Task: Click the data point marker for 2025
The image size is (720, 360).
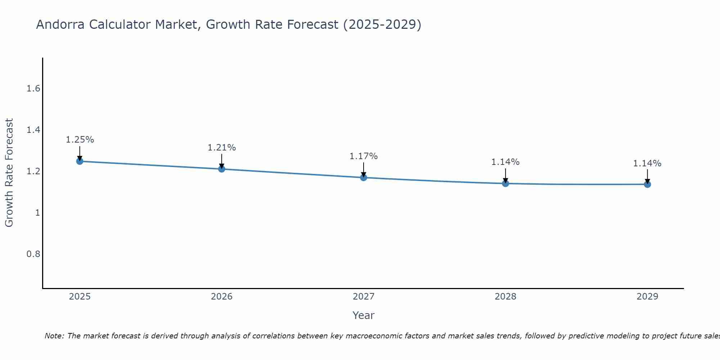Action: (80, 161)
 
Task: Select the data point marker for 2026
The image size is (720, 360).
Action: (221, 169)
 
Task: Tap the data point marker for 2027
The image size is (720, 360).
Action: (363, 177)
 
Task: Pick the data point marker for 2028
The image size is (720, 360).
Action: (505, 184)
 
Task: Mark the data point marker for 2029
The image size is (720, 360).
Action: (647, 184)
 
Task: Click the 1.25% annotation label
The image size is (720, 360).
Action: (80, 140)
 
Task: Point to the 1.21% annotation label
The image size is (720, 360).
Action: (221, 148)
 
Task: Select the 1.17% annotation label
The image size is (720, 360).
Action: (363, 156)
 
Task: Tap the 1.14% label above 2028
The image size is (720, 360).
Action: (505, 162)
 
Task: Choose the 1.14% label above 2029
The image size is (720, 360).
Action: (647, 163)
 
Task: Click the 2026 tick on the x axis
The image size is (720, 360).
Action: (221, 297)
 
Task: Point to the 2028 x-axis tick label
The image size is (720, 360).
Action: (505, 297)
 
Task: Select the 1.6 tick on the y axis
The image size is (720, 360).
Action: (33, 89)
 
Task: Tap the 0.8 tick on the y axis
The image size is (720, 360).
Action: (33, 254)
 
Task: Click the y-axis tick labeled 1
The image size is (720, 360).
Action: (37, 213)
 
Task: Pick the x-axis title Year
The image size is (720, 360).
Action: (363, 315)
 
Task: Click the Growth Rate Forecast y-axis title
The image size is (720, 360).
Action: (9, 173)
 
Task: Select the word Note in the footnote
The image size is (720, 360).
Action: (54, 336)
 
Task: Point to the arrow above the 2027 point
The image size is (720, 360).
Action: (363, 169)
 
